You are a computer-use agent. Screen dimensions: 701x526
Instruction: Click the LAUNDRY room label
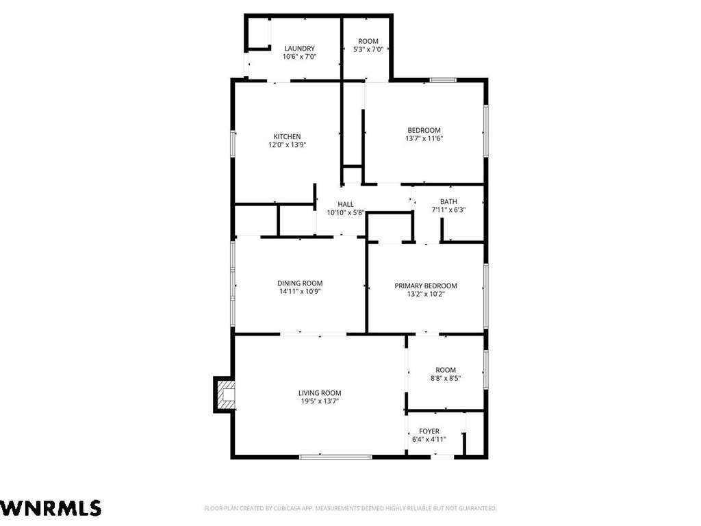[300, 49]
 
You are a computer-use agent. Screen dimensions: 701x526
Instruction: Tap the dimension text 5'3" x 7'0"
[368, 49]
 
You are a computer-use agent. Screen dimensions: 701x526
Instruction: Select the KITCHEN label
[287, 136]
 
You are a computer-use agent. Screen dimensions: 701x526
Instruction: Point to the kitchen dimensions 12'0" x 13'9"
[287, 145]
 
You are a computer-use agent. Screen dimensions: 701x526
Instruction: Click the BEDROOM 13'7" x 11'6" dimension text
[424, 138]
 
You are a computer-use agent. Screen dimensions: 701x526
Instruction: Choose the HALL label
[346, 204]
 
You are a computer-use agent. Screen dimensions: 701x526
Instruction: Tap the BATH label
[448, 202]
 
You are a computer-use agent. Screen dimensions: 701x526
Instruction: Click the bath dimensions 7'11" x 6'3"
[448, 210]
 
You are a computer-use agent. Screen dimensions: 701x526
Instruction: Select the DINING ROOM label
[300, 283]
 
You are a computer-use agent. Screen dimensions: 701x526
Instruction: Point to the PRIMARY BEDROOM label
[426, 286]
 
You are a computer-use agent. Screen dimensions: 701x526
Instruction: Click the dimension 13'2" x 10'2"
[426, 294]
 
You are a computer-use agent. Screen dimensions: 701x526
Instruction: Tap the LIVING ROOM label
[320, 393]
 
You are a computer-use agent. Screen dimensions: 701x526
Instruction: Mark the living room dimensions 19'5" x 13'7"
[320, 401]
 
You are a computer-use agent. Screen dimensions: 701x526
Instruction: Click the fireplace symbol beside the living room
[224, 394]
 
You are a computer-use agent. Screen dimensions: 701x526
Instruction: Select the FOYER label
[429, 431]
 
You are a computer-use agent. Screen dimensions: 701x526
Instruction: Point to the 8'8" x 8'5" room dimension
[446, 378]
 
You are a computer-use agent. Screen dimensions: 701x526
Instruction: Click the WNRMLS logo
[51, 508]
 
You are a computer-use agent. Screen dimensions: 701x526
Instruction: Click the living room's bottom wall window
[335, 457]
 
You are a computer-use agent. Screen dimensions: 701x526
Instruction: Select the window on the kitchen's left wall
[233, 143]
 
